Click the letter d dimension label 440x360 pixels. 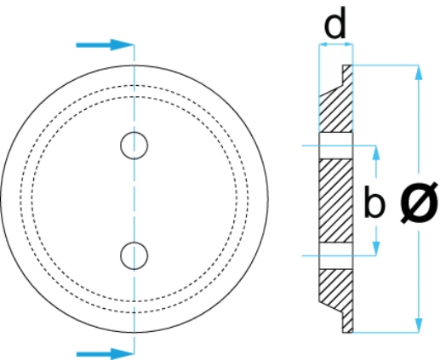click(335, 24)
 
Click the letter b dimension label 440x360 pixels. click(374, 202)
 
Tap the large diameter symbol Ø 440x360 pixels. click(419, 202)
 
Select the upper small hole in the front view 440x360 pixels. click(134, 146)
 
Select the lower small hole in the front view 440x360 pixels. click(134, 255)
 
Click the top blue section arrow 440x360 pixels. click(105, 45)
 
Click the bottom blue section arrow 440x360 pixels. click(105, 354)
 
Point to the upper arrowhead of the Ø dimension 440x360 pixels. click(419, 72)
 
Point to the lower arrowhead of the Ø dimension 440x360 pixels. click(419, 325)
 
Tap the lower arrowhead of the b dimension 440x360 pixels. click(376, 249)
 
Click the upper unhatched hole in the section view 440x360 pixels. click(336, 146)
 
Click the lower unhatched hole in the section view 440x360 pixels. click(336, 255)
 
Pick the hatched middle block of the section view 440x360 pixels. click(336, 201)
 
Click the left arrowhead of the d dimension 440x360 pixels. click(323, 44)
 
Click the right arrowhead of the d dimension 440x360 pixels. click(349, 44)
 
